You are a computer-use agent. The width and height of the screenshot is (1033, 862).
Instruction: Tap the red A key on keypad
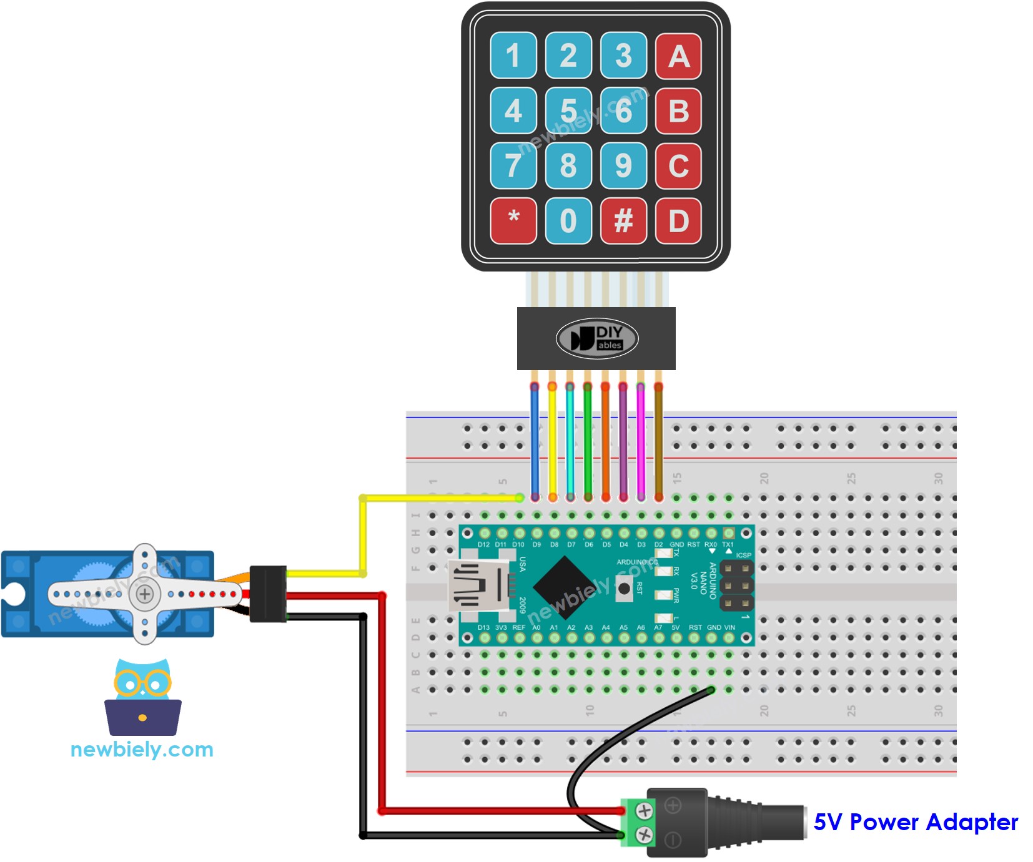click(x=678, y=56)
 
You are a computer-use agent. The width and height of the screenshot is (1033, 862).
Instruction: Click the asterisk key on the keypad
click(x=513, y=220)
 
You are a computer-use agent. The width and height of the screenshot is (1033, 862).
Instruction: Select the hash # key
click(x=623, y=220)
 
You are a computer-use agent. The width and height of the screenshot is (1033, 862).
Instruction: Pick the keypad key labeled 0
click(x=568, y=220)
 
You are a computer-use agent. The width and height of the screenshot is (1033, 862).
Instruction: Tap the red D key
click(x=678, y=220)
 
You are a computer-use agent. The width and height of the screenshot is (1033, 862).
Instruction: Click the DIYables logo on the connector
click(x=596, y=338)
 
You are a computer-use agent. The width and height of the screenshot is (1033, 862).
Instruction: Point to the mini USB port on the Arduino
click(x=475, y=586)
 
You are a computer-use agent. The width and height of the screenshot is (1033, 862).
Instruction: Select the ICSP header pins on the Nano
click(x=736, y=585)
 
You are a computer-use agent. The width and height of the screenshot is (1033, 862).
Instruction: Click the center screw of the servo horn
click(x=145, y=594)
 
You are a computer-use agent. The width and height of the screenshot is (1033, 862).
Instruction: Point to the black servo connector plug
click(x=267, y=594)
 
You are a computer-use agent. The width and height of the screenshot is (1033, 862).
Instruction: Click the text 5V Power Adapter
click(x=915, y=822)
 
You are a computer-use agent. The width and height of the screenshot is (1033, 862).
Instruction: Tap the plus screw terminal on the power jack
click(x=644, y=811)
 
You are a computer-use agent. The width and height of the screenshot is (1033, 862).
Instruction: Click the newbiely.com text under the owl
click(x=142, y=749)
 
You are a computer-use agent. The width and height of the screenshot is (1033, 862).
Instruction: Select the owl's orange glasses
click(x=142, y=683)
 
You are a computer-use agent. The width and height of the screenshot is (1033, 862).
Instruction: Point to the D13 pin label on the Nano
click(x=483, y=627)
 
